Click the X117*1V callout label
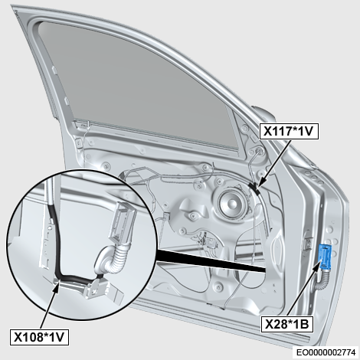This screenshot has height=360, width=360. coord(289,131)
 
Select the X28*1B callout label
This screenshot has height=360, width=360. coord(286,324)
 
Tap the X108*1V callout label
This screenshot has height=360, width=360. coord(39,337)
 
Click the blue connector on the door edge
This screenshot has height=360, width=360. coord(325,257)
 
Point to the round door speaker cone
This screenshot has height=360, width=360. coord(232,203)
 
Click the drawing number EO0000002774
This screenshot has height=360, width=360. coord(326,352)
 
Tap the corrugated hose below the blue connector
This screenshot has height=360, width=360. coord(322,280)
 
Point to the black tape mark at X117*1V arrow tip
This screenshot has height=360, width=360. coord(254,188)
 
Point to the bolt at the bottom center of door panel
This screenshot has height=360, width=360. coord(219,286)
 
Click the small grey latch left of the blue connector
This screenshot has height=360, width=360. coord(309,243)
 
